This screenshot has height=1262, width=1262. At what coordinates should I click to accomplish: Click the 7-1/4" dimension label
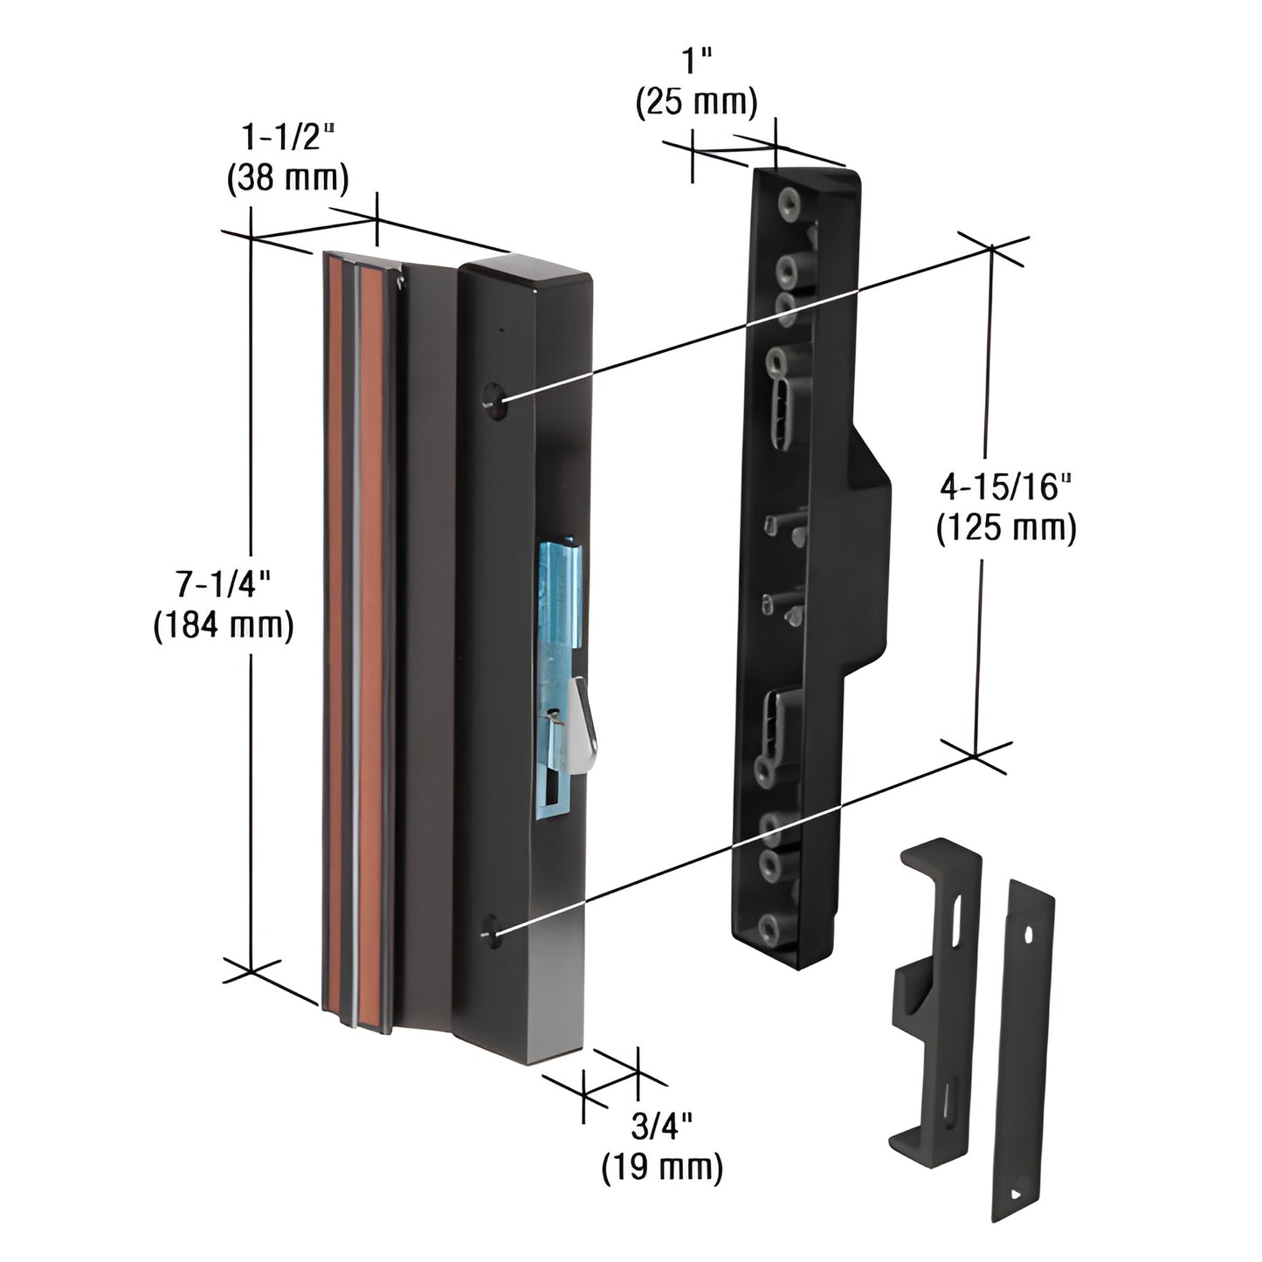222,583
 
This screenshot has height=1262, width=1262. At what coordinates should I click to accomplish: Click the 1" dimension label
696,61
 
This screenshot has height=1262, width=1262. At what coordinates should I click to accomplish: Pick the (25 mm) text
696,102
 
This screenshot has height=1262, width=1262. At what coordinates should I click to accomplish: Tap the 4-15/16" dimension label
1005,486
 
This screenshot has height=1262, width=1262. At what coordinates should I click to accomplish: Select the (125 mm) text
1005,529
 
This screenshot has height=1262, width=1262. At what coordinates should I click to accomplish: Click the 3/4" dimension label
662,1126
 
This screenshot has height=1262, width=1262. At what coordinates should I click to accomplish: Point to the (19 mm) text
662,1168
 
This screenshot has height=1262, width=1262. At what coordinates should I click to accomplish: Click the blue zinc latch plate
555,611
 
